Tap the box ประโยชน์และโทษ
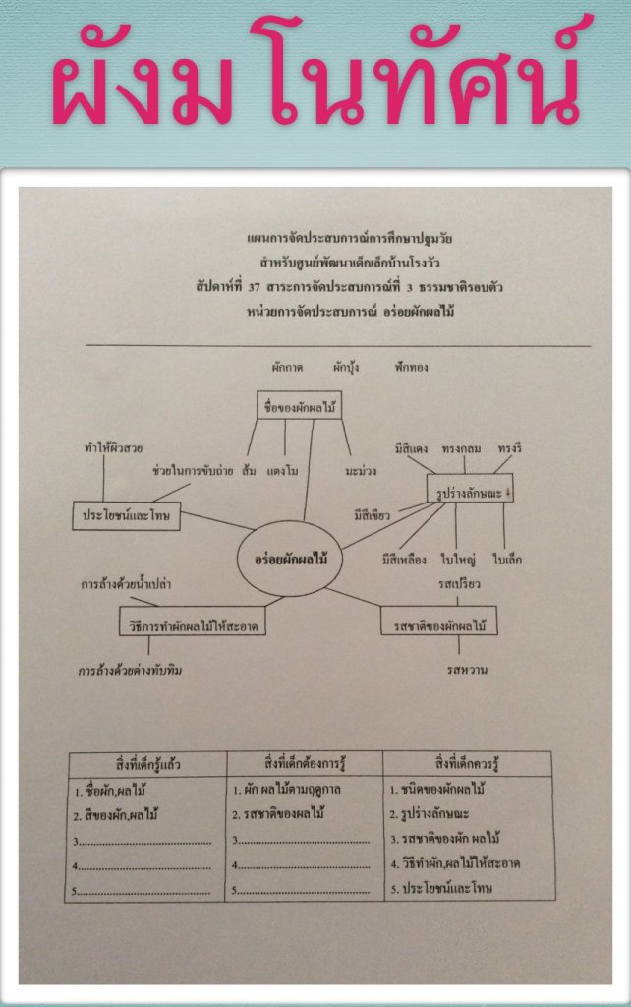127,516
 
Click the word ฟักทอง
408,368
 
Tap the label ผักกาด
287,368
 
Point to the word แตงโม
283,470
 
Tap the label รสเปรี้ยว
459,586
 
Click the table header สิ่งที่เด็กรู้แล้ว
146,762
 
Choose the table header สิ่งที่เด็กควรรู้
470,762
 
